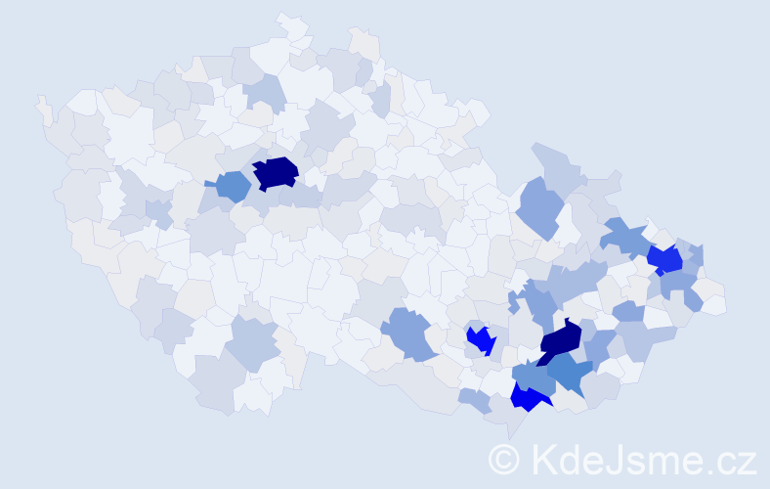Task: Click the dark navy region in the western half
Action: [x=276, y=172]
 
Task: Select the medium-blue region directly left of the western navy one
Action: [x=234, y=185]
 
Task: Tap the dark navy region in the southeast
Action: [x=560, y=340]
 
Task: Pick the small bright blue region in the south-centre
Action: [x=480, y=340]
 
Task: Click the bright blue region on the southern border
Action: [x=529, y=397]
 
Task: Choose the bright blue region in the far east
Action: [x=665, y=259]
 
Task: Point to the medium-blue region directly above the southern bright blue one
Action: [x=533, y=375]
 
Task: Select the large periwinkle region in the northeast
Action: [x=539, y=206]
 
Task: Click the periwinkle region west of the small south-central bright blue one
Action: [x=407, y=333]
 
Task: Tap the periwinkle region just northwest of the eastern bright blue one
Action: [x=624, y=236]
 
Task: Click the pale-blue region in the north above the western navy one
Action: [x=264, y=92]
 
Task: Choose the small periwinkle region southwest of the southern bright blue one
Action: [x=475, y=399]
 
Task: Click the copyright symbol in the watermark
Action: [x=504, y=459]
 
